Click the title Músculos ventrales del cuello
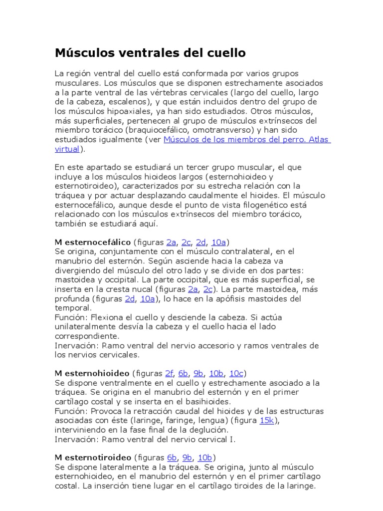pos(150,52)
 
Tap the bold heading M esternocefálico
pos(92,242)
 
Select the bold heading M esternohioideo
pos(92,373)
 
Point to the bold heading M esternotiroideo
pos(93,458)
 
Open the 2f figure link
pos(169,373)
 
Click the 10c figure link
pos(237,373)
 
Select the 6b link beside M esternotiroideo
pos(172,458)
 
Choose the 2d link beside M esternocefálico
pos(201,242)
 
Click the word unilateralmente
pos(85,326)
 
